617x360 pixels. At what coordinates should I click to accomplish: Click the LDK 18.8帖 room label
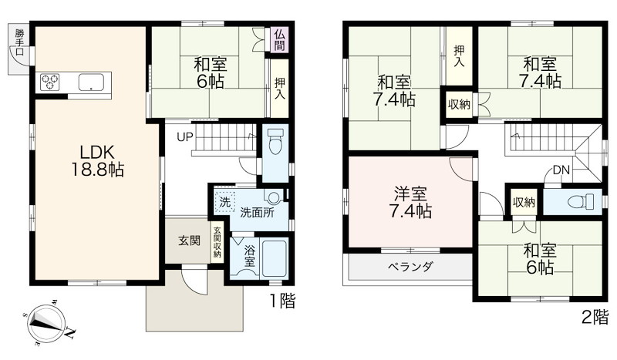coord(97,160)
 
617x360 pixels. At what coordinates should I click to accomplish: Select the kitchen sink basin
coord(91,82)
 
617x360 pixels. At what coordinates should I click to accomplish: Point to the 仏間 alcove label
coord(279,40)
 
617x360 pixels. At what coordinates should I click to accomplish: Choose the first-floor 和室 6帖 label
coord(211,72)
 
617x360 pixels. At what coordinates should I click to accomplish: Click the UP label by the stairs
coord(184,137)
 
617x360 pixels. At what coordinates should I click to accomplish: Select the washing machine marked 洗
coord(224,202)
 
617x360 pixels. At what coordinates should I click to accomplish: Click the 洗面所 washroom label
coord(258,213)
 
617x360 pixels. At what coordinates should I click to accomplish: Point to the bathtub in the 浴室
coord(275,257)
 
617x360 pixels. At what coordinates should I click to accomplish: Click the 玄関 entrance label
coord(189,241)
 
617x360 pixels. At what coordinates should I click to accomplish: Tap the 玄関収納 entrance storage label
coord(217,243)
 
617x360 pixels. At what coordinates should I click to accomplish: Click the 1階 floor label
coord(282,301)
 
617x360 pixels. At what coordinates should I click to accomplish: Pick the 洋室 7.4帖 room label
coord(410,203)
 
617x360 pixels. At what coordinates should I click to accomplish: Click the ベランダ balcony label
coord(410,267)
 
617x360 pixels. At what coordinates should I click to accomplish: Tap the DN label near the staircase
coord(561,170)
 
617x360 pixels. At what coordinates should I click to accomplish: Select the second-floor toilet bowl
coord(582,202)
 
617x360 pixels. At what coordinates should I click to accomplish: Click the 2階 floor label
coord(595,317)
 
